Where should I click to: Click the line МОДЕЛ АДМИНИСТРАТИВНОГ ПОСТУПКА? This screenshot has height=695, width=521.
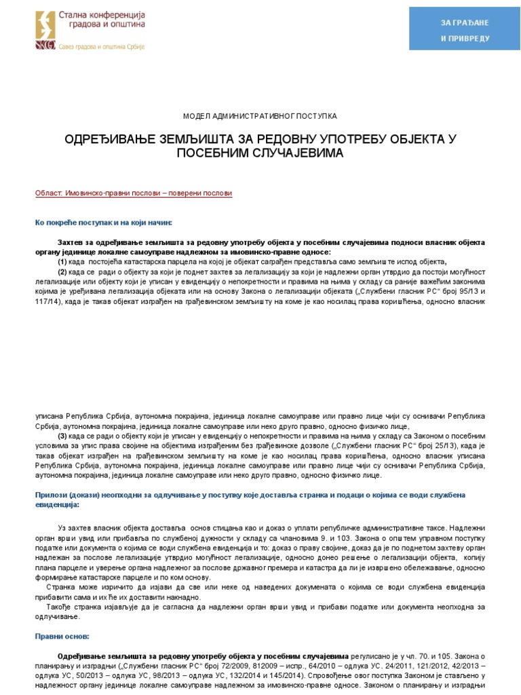click(x=260, y=117)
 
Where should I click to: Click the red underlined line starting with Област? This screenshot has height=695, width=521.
click(x=134, y=193)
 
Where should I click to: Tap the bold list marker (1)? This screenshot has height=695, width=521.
click(x=62, y=262)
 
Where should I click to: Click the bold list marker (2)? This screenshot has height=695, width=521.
click(x=62, y=271)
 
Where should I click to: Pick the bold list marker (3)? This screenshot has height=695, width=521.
click(x=62, y=435)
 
